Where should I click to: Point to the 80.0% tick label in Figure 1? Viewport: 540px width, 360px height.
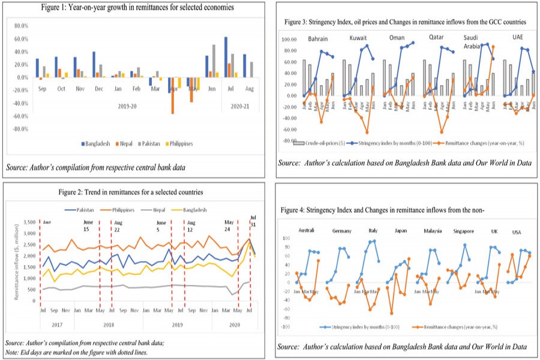20,26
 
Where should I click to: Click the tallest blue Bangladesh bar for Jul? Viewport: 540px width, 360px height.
226,57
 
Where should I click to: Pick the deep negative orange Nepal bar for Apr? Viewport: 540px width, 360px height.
173,95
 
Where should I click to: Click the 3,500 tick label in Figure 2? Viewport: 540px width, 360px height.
26,223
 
